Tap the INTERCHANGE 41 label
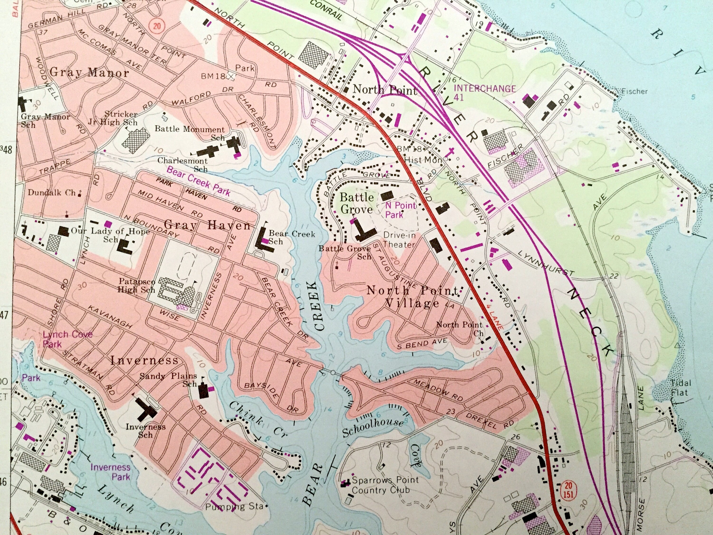(484, 92)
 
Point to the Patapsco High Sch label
(137, 285)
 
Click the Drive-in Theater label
(399, 240)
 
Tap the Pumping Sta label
(234, 507)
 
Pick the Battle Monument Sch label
(190, 132)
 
